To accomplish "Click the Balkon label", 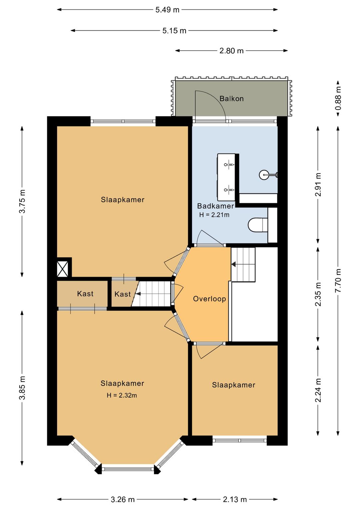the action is pyautogui.click(x=231, y=99).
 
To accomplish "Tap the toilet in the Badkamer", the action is pyautogui.click(x=258, y=225).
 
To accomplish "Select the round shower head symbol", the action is pyautogui.click(x=263, y=175).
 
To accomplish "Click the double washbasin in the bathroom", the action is pyautogui.click(x=226, y=177).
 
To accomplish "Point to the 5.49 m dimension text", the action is pyautogui.click(x=167, y=10).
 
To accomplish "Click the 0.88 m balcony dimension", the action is pyautogui.click(x=338, y=98).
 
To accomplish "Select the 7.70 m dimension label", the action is pyautogui.click(x=338, y=281).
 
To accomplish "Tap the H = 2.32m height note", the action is pyautogui.click(x=122, y=395).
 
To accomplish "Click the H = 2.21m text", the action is pyautogui.click(x=214, y=215).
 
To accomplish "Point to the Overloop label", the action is pyautogui.click(x=209, y=299).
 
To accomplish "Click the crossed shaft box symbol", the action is pyautogui.click(x=62, y=269).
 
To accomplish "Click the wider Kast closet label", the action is pyautogui.click(x=85, y=294).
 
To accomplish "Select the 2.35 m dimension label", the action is pyautogui.click(x=318, y=294).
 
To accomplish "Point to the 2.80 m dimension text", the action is pyautogui.click(x=231, y=51).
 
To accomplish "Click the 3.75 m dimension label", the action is pyautogui.click(x=22, y=201).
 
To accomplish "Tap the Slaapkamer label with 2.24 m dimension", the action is pyautogui.click(x=233, y=385).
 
